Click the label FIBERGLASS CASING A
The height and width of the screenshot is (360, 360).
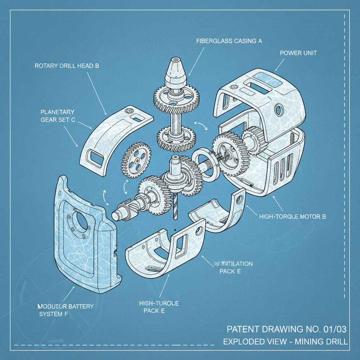click(x=229, y=41)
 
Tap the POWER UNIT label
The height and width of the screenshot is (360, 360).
click(x=298, y=53)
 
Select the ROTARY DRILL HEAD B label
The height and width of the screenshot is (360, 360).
click(x=67, y=66)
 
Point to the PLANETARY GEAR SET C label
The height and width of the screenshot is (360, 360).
click(x=57, y=116)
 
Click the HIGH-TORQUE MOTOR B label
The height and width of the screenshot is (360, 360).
click(x=292, y=217)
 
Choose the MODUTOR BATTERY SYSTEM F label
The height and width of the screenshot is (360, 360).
click(x=65, y=310)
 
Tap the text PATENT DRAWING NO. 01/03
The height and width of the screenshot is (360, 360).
click(x=287, y=329)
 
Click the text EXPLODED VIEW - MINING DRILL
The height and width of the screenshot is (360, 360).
click(x=285, y=341)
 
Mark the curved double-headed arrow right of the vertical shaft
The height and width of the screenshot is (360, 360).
click(x=201, y=126)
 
